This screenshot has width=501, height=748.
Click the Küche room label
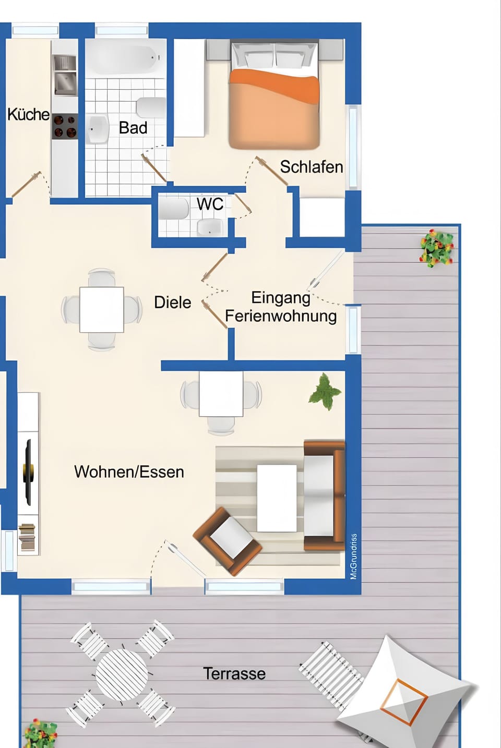click(x=28, y=114)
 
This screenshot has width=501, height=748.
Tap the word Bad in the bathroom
click(x=133, y=128)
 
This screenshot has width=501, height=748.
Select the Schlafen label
click(x=311, y=167)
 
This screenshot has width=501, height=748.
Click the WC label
click(x=210, y=204)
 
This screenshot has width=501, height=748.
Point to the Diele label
click(x=172, y=303)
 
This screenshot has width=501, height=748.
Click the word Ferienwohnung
click(x=280, y=316)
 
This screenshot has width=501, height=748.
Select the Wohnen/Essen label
click(x=129, y=472)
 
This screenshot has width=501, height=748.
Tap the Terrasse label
click(x=234, y=673)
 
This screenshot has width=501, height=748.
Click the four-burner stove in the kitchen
click(x=65, y=126)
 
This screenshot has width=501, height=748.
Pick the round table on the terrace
click(x=122, y=673)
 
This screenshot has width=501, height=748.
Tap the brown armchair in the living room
click(x=228, y=540)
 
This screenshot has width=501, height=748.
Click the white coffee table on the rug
click(x=277, y=498)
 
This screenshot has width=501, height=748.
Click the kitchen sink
click(x=65, y=82)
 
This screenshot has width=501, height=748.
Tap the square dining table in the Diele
click(x=102, y=309)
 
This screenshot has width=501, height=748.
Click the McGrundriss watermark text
click(x=354, y=556)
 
